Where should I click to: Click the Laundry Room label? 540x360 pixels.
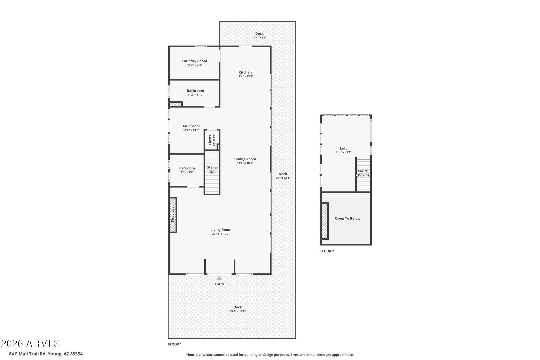pyautogui.click(x=194, y=61)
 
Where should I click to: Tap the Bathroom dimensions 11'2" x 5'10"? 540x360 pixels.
pyautogui.click(x=195, y=95)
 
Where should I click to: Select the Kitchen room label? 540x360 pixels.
pyautogui.click(x=245, y=72)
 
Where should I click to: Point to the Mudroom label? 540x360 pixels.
pyautogui.click(x=191, y=126)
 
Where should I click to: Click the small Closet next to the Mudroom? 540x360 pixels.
pyautogui.click(x=211, y=140)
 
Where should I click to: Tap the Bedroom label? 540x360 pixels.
pyautogui.click(x=187, y=168)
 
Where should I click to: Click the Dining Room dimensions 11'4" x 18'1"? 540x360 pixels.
pyautogui.click(x=245, y=163)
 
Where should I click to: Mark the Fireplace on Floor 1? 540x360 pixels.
pyautogui.click(x=173, y=214)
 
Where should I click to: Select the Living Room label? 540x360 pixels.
pyautogui.click(x=221, y=230)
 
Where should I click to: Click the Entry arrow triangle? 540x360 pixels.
pyautogui.click(x=219, y=278)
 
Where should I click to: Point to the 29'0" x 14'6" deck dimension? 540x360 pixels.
pyautogui.click(x=237, y=311)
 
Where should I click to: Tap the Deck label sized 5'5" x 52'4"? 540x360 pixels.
pyautogui.click(x=283, y=174)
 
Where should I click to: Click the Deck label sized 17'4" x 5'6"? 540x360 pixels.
pyautogui.click(x=259, y=33)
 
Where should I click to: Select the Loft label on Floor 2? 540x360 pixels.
pyautogui.click(x=343, y=148)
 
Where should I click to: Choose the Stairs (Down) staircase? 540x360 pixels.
pyautogui.click(x=363, y=173)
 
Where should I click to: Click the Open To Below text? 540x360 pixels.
pyautogui.click(x=348, y=218)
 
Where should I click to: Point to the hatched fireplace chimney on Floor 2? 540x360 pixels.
pyautogui.click(x=324, y=221)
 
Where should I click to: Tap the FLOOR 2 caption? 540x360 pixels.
pyautogui.click(x=327, y=251)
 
